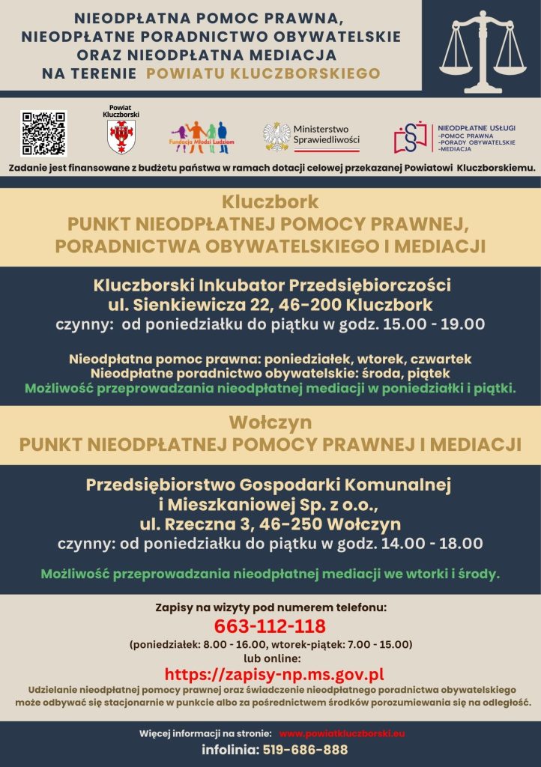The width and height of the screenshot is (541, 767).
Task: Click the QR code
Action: point(43,133)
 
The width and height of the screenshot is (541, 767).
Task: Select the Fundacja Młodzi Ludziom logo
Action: point(202,136)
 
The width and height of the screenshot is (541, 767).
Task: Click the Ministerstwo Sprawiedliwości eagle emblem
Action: point(276,137)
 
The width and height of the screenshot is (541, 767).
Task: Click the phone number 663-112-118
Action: point(270,625)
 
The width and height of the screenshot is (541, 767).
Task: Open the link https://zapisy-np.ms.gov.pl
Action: point(274,674)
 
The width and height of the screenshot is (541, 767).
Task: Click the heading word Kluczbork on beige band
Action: point(270,202)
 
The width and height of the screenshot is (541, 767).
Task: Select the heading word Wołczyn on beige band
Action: point(270,422)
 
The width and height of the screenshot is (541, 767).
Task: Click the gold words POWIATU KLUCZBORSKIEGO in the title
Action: point(263,73)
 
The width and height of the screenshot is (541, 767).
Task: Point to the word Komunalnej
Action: point(394,485)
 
